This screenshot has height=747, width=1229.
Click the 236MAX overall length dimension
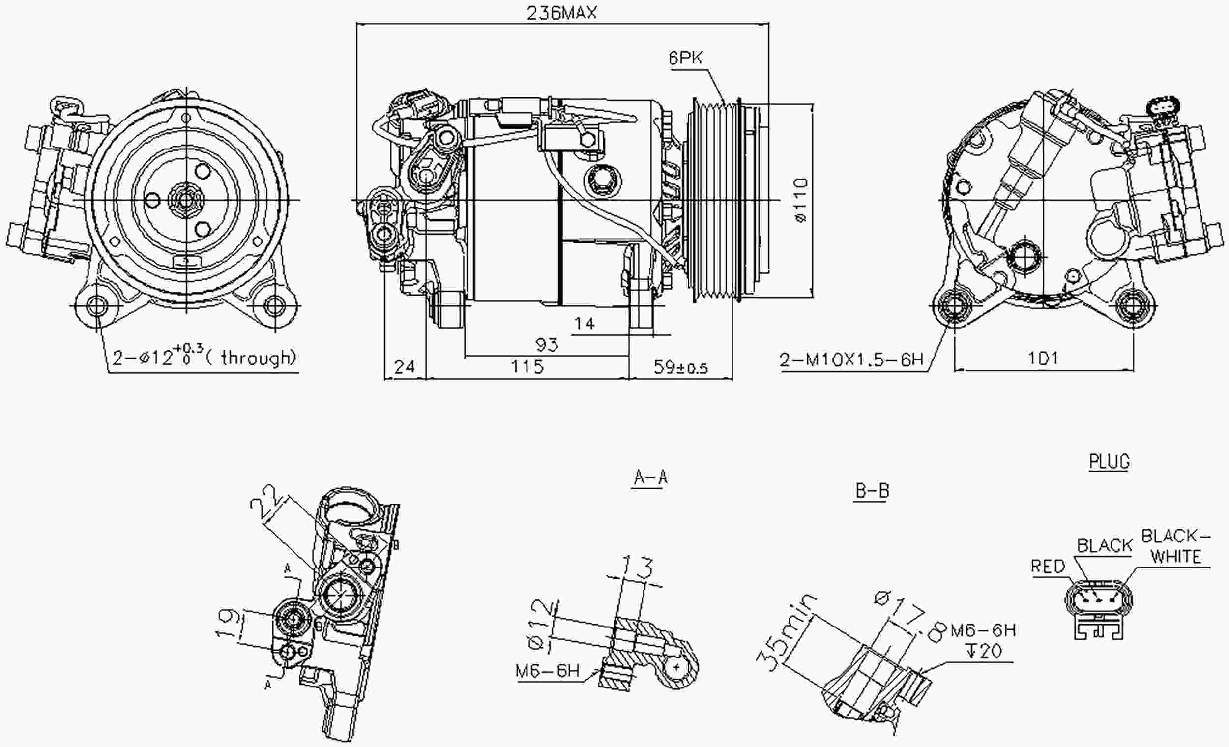(561, 12)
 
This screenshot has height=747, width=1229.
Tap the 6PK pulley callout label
(685, 59)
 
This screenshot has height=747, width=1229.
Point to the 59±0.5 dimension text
(680, 368)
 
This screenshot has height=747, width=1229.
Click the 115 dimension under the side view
(527, 367)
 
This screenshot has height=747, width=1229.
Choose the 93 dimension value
(547, 344)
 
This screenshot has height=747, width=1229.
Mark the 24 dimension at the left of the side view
(404, 367)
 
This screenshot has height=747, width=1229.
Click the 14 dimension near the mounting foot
(584, 324)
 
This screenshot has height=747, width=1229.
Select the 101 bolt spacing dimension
(1043, 358)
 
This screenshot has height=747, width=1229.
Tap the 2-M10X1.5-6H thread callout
(851, 359)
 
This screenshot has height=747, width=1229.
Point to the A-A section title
(650, 478)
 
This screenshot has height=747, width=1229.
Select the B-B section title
(872, 491)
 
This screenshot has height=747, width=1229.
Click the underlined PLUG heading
(1109, 462)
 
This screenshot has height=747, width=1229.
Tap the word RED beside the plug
(1048, 567)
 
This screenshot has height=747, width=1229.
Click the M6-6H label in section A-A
(547, 672)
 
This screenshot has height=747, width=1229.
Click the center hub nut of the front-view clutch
(186, 201)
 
